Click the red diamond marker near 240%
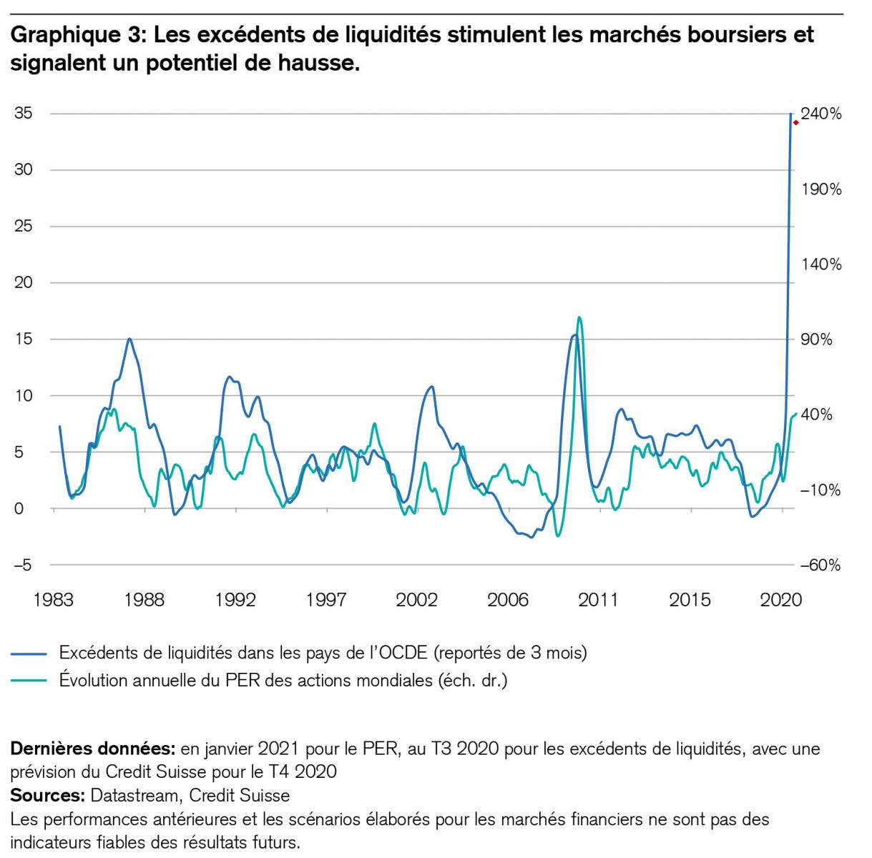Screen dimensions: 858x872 pyautogui.click(x=795, y=123)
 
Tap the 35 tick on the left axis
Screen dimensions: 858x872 pyautogui.click(x=24, y=114)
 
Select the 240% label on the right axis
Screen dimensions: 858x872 pyautogui.click(x=821, y=114)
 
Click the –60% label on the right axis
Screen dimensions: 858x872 pyautogui.click(x=820, y=566)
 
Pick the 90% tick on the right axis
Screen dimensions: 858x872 pyautogui.click(x=817, y=340)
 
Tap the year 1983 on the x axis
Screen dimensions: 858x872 pyautogui.click(x=53, y=600)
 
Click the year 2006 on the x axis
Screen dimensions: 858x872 pyautogui.click(x=507, y=600)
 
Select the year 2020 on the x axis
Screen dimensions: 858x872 pyautogui.click(x=780, y=600)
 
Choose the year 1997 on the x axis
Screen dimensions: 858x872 pyautogui.click(x=326, y=600)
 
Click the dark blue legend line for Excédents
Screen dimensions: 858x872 pyautogui.click(x=29, y=654)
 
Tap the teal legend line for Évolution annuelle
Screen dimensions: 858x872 pyautogui.click(x=29, y=681)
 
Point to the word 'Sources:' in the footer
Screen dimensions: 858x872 pyautogui.click(x=48, y=796)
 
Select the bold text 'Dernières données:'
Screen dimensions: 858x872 pyautogui.click(x=92, y=749)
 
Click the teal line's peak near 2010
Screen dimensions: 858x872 pyautogui.click(x=579, y=317)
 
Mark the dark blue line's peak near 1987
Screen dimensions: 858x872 pyautogui.click(x=129, y=339)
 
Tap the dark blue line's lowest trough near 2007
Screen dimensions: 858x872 pyautogui.click(x=531, y=537)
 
